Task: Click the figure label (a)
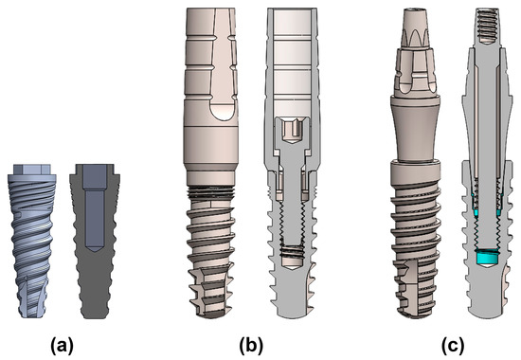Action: [x=62, y=346]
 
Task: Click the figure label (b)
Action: [x=252, y=346]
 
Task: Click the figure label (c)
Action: [x=453, y=346]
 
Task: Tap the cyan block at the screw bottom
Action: [x=486, y=257]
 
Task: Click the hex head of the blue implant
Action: [x=32, y=170]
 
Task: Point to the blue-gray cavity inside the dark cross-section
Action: [x=95, y=207]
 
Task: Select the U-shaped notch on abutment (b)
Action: [x=223, y=112]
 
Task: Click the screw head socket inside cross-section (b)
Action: [x=292, y=131]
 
